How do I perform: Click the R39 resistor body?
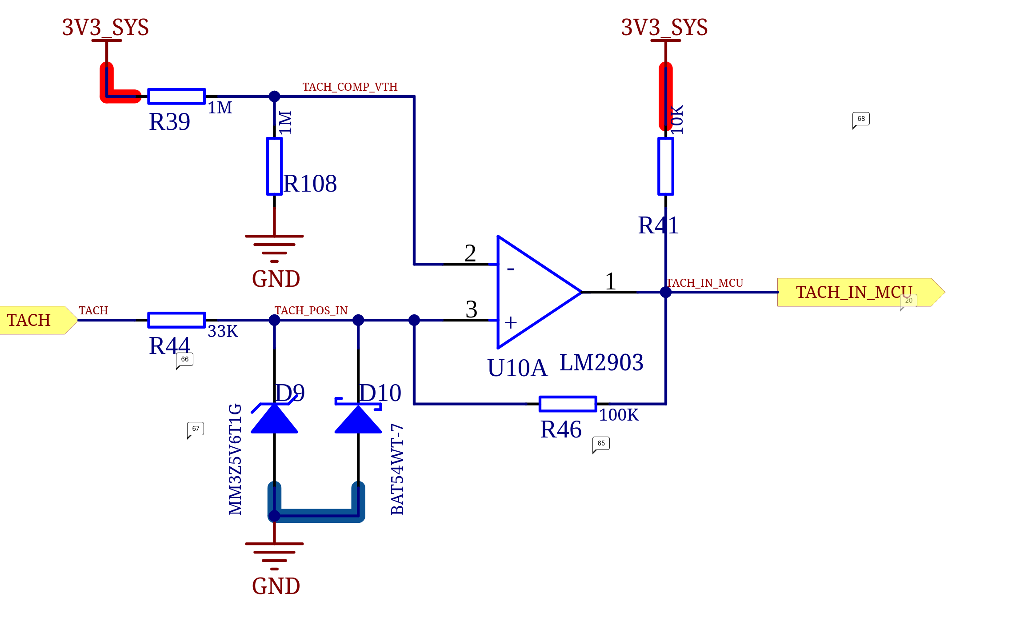coord(176,96)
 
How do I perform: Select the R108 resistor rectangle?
coord(274,166)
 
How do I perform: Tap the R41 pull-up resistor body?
coord(665,166)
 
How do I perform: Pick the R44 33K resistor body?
coord(176,320)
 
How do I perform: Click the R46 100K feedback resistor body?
coord(568,404)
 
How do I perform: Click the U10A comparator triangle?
coord(539,292)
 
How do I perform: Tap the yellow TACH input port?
coord(39,320)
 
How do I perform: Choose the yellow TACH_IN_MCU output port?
coord(861,292)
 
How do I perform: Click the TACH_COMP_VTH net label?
coord(350,87)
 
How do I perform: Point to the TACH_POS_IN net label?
coord(311,310)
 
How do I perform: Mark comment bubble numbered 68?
coord(861,120)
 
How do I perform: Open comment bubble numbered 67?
coord(196,429)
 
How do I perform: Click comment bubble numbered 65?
coord(601,444)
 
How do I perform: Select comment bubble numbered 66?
coord(184,360)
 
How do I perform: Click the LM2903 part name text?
coord(601,362)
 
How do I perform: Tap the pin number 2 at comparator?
coord(470,253)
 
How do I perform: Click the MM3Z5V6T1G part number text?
coord(235,459)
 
